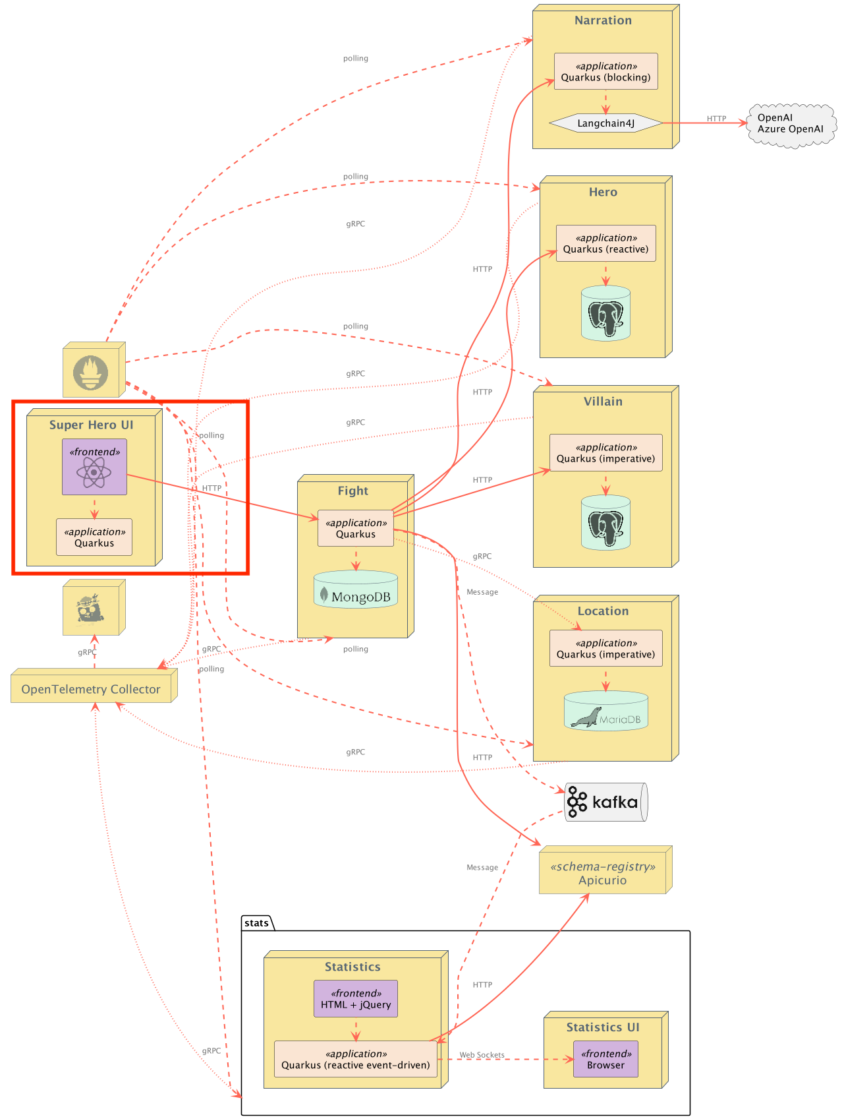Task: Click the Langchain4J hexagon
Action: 605,123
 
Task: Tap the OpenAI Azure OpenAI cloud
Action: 791,123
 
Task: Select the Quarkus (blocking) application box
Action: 605,71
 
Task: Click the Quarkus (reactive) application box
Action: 605,243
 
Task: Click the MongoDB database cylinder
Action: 356,590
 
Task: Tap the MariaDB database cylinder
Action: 605,711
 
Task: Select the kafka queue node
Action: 606,802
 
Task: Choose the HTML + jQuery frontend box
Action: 356,999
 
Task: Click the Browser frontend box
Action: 605,1059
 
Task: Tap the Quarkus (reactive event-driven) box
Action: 356,1059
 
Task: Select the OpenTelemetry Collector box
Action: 94,686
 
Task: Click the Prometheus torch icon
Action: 90,373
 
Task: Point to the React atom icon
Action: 94,472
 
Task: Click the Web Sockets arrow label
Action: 482,1055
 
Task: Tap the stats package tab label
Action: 256,923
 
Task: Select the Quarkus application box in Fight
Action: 356,528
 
